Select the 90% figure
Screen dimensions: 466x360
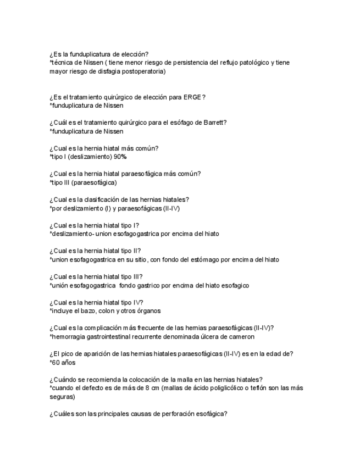[x=120, y=157]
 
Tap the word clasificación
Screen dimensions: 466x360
[x=104, y=199]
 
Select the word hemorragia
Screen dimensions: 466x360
[x=69, y=336]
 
